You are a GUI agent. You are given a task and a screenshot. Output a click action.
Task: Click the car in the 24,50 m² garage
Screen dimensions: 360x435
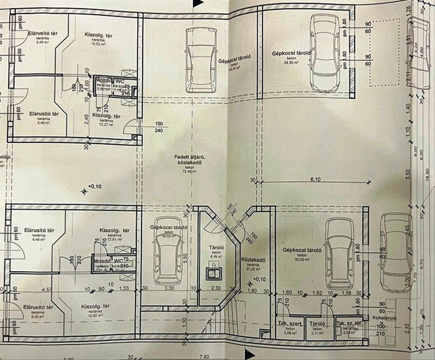tap(324, 53)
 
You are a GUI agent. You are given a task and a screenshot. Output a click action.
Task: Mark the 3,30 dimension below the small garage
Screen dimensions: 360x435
tap(169, 289)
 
